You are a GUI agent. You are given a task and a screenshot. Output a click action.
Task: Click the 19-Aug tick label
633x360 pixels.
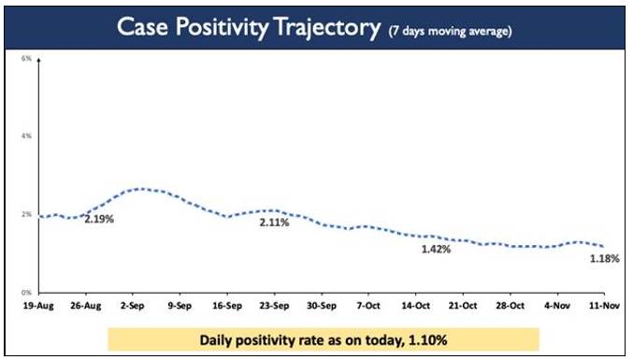coord(38,306)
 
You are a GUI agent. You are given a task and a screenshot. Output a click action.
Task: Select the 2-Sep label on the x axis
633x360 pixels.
coord(133,306)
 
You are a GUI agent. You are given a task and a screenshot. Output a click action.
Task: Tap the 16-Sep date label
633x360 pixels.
coord(227,306)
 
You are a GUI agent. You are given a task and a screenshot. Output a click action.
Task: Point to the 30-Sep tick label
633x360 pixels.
coord(322,306)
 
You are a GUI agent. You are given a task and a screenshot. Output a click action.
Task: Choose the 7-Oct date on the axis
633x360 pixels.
coord(368,306)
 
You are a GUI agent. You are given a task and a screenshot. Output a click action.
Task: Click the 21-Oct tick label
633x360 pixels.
coord(463,306)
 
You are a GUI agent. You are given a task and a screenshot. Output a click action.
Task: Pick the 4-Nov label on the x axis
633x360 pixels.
coord(557,306)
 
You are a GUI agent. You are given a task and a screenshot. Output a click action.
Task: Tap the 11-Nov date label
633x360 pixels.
coord(604,306)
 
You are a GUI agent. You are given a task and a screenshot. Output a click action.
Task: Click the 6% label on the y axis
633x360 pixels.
coord(26,59)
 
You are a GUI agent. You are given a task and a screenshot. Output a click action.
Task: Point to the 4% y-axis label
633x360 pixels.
coord(26,136)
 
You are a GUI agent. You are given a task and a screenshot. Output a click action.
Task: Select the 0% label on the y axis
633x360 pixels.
coord(26,292)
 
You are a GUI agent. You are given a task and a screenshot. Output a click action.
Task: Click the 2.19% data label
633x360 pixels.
coord(99,219)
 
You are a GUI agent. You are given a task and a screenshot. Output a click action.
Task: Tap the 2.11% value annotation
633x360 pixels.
coord(275,223)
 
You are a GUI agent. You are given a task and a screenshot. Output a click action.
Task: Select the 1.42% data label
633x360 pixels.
coord(436,250)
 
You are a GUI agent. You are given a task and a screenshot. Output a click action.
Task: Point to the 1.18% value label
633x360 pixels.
coord(605,259)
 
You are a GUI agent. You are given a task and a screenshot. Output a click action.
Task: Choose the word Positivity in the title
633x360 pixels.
coord(222,27)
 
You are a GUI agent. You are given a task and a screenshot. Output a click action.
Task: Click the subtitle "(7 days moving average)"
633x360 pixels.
coord(450,31)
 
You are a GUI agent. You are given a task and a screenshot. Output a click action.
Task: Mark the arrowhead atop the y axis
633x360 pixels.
coord(38,60)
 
